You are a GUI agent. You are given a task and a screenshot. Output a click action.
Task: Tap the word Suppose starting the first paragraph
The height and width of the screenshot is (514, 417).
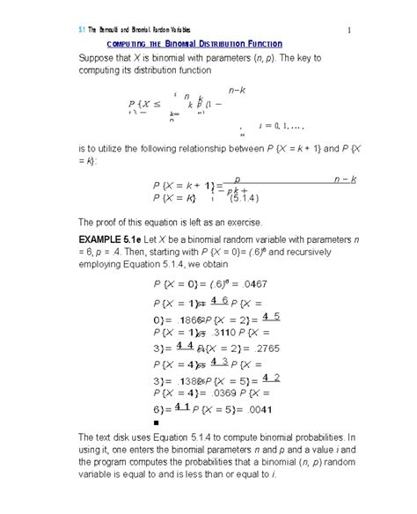(x=100, y=60)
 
